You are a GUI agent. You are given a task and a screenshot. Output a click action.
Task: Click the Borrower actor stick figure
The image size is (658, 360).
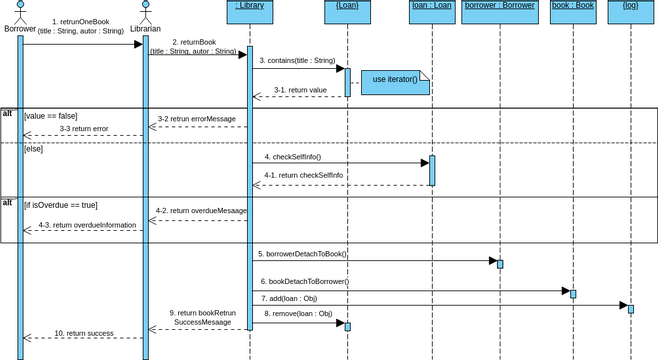[19, 12]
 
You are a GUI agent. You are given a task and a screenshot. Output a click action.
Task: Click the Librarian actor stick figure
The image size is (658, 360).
[145, 12]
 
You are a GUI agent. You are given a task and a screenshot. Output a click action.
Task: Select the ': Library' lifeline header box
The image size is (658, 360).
[250, 7]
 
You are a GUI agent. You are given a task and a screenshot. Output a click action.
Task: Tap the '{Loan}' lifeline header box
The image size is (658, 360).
[347, 7]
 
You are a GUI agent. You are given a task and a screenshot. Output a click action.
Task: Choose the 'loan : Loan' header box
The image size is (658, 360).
[432, 7]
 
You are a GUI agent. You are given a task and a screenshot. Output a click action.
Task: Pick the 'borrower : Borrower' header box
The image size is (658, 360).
[500, 7]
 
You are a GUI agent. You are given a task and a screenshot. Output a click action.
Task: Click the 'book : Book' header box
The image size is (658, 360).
[573, 7]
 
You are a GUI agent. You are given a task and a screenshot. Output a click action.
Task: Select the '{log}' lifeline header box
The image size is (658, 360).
[630, 7]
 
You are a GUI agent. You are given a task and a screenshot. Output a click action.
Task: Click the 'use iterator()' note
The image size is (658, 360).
[395, 80]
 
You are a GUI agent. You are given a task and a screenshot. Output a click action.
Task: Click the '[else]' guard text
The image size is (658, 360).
[34, 148]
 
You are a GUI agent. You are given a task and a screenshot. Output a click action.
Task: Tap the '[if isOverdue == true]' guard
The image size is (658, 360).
[61, 205]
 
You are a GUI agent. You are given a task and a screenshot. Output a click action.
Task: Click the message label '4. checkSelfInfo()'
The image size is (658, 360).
[293, 157]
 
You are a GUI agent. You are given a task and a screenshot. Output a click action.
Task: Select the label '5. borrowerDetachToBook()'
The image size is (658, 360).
[302, 254]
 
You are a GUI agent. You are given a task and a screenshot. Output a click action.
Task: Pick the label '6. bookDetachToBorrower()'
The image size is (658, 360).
[304, 282]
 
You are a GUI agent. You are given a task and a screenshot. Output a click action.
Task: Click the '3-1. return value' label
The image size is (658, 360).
[300, 90]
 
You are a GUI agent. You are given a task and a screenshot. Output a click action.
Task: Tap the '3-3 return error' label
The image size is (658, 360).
[83, 129]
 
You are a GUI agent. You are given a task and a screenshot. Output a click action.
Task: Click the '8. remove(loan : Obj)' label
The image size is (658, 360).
[298, 314]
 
